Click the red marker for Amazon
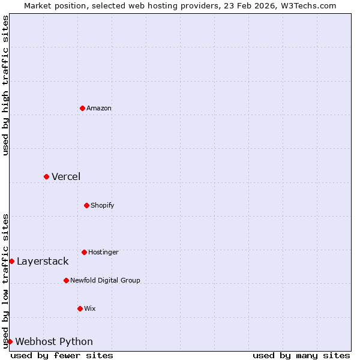[82, 108]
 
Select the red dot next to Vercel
[46, 176]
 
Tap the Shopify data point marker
[86, 205]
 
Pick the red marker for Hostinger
[84, 252]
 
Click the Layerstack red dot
[11, 261]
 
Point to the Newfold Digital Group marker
[66, 280]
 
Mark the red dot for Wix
[80, 308]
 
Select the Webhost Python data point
[10, 341]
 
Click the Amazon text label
[99, 108]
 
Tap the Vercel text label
[66, 176]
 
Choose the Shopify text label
[103, 205]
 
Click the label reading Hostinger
[103, 252]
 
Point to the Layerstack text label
[43, 261]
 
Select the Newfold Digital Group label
[105, 280]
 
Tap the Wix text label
[90, 308]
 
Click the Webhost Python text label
[54, 341]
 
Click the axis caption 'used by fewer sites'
[62, 355]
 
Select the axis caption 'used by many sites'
[301, 355]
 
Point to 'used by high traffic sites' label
[5, 85]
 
